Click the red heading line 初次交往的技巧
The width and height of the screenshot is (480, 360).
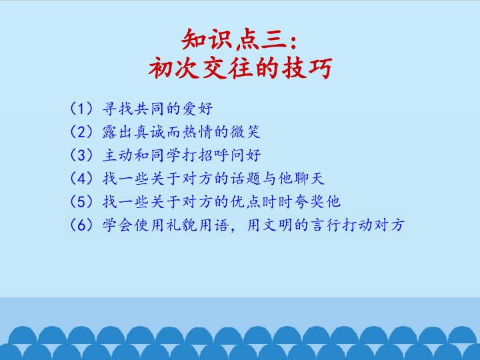(x=239, y=69)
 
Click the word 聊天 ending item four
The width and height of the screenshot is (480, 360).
(x=309, y=178)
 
